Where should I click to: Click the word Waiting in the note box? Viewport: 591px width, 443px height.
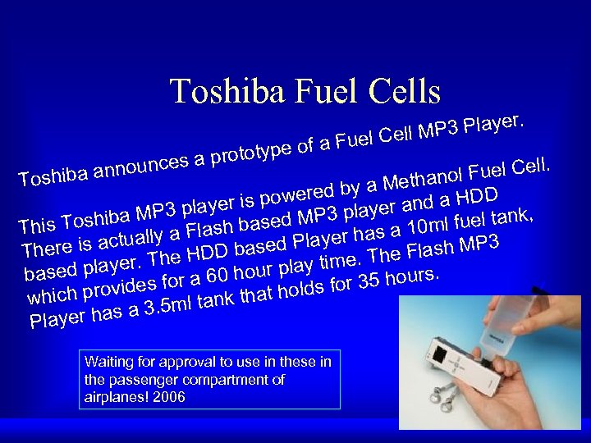click(108, 362)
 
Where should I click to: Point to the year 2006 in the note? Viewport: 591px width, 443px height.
click(170, 397)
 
